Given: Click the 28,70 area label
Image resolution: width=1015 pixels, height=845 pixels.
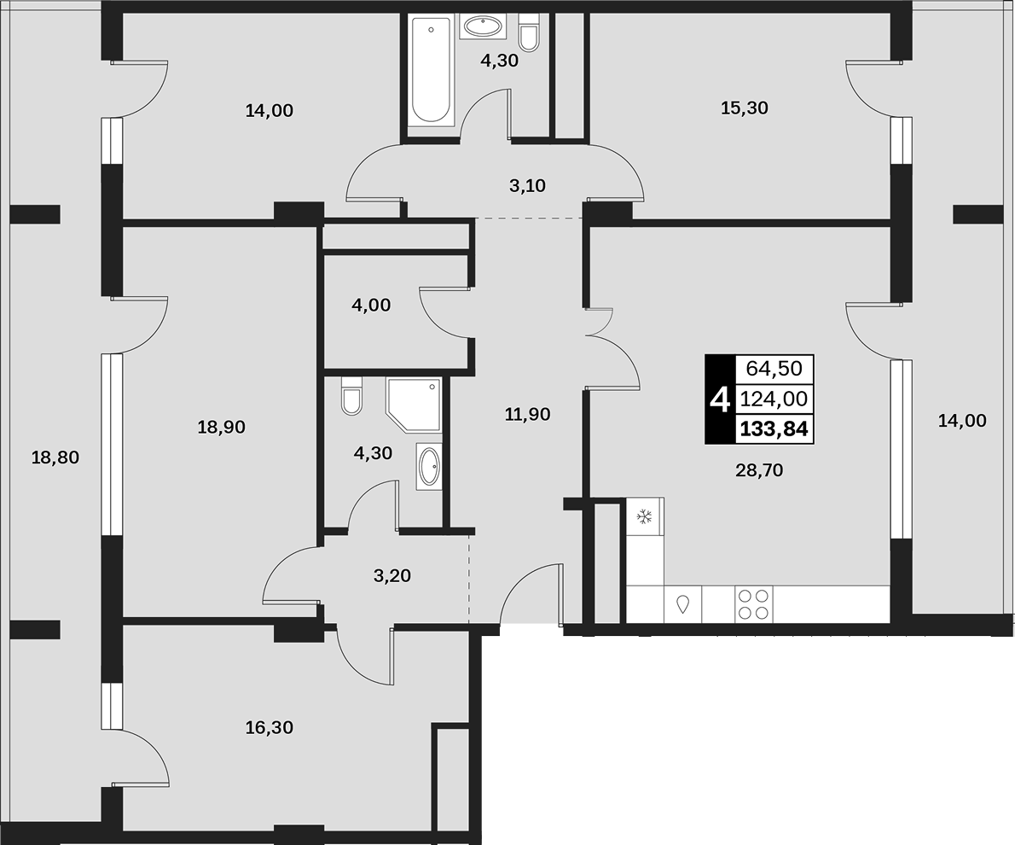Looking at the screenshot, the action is coord(759,469).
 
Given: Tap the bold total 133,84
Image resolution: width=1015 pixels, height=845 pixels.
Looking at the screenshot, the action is coord(774,429).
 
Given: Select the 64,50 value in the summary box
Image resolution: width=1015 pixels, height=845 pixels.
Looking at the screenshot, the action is coord(774,368).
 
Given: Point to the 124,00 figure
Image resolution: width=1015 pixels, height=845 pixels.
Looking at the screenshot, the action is coord(774,399).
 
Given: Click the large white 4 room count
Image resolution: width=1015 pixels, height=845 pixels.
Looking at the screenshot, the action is coord(720,399).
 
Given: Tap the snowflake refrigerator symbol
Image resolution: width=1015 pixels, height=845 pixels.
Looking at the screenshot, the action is coord(644,516).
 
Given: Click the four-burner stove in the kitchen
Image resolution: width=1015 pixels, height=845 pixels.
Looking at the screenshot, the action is coord(753,604).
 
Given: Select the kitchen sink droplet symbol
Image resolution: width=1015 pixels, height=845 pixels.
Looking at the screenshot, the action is coord(683,604).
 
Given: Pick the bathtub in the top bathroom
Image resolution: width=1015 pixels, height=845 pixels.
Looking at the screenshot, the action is coord(431,70).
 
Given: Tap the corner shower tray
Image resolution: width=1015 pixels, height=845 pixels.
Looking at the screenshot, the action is coord(415,405).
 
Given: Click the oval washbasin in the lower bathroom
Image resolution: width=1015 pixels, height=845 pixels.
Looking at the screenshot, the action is coord(429,466).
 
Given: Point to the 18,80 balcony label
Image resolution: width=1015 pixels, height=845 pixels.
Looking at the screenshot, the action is coord(55,457).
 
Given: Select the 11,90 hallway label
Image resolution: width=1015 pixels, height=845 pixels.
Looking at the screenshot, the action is coord(528,413).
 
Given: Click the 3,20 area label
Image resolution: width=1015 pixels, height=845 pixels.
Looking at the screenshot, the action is coord(392,574).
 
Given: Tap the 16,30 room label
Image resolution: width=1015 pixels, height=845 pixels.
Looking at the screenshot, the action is coord(270,727).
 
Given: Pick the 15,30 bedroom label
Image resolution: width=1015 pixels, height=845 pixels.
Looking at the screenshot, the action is coord(745,108).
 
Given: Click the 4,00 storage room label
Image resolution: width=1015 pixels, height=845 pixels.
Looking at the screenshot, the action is coord(371,305).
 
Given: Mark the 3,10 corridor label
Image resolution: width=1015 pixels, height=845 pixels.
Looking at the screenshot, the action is coord(527,186).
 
